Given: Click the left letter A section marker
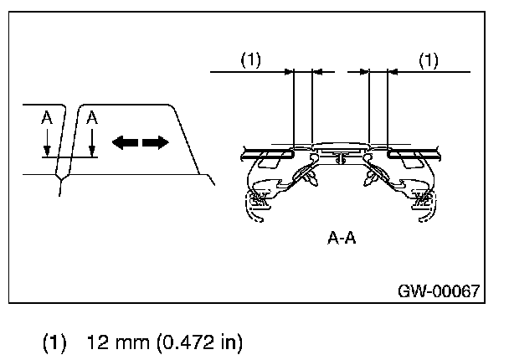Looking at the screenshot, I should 47,119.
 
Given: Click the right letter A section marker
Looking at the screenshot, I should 92,119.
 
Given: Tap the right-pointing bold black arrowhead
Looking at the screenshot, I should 156,143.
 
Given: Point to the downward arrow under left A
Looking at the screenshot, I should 48,147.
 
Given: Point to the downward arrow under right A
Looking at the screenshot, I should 93,147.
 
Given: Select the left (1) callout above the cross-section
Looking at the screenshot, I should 251,61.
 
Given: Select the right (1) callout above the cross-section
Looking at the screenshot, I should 428,61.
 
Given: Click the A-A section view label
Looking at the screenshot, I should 342,237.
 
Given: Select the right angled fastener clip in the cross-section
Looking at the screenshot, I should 370,177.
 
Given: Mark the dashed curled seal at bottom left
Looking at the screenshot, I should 257,203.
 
